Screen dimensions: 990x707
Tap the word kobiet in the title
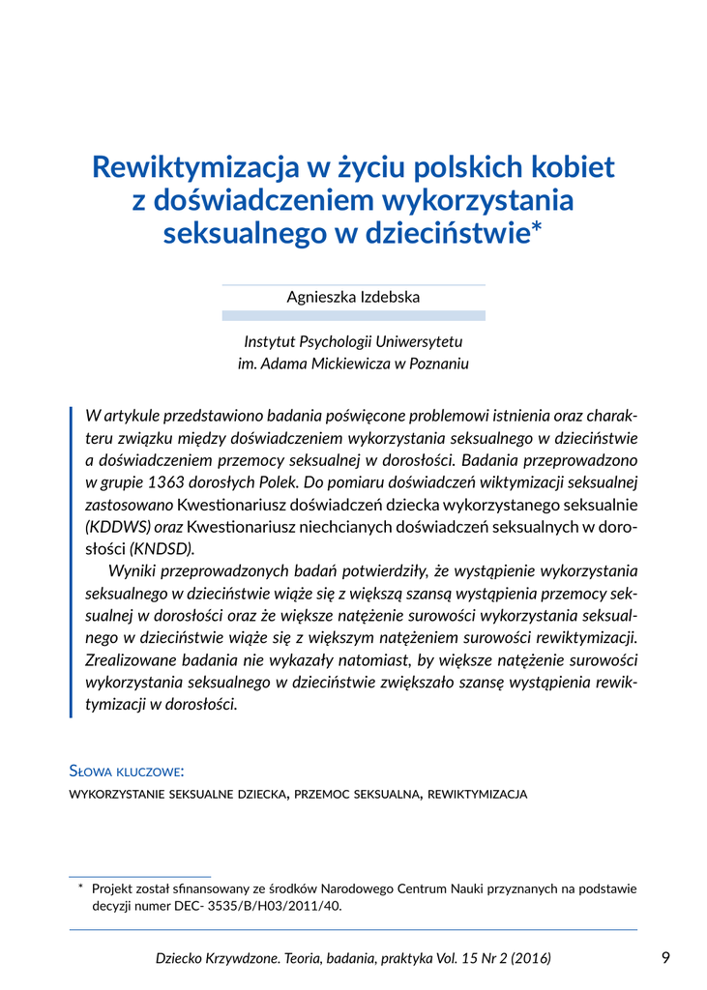coord(571,167)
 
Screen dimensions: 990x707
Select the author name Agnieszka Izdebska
coord(353,297)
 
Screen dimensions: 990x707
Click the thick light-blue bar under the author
coord(353,315)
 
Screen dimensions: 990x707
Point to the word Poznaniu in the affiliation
coord(437,364)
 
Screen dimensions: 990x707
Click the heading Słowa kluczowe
coord(127,772)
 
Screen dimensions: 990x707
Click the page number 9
coord(665,957)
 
